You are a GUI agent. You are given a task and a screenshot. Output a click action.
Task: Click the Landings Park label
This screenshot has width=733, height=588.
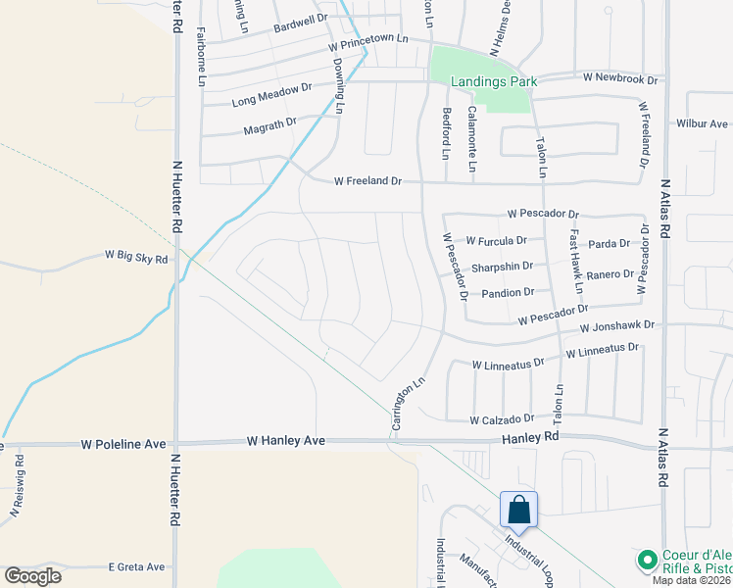coord(493,81)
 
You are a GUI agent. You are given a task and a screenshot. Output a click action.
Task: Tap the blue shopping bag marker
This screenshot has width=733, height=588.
coord(518,510)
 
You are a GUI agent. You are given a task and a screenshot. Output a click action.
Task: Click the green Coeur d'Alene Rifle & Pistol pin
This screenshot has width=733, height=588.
coord(647,561)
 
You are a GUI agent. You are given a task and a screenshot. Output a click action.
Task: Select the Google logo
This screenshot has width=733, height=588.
coord(33,575)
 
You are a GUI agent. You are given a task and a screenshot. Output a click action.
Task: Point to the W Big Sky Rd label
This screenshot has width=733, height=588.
coord(137,256)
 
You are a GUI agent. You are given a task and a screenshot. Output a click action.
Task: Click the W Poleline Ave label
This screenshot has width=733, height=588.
coord(122,444)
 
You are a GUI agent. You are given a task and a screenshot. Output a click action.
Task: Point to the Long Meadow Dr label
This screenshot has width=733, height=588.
coord(271,94)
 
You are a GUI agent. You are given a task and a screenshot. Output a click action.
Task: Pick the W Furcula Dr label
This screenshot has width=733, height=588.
coord(496,240)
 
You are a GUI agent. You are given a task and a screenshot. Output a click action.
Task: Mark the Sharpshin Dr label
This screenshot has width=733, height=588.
coord(502,266)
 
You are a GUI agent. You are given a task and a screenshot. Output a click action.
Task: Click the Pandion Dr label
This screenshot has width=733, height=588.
coord(508,292)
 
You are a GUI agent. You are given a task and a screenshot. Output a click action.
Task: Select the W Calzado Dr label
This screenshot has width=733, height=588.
coord(501,419)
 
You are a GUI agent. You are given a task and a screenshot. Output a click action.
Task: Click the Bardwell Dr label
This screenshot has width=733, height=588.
coord(300,19)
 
